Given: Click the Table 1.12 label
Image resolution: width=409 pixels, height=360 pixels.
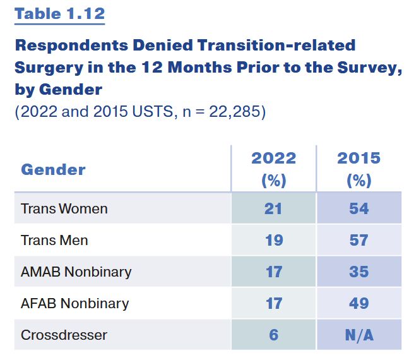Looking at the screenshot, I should tap(59, 13).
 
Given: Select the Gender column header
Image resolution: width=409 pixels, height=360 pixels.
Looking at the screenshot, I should tap(53, 169).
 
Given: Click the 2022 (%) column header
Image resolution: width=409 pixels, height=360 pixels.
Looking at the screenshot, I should tap(273, 169).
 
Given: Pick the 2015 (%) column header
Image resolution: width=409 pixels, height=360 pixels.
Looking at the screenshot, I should tap(359, 169).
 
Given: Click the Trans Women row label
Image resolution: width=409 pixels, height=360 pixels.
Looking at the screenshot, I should tap(64, 208).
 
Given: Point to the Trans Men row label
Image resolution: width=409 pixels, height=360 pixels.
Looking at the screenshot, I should tap(54, 240).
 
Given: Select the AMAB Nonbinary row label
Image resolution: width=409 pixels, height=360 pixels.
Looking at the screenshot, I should tap(76, 272).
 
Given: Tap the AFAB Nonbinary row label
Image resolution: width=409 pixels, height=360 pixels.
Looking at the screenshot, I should tap(74, 303).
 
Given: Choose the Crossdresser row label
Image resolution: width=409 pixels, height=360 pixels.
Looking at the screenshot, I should tap(64, 335).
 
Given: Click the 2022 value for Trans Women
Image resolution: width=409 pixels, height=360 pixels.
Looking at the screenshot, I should tap(273, 208).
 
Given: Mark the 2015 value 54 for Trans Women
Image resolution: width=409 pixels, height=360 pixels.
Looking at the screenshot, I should tap(359, 208).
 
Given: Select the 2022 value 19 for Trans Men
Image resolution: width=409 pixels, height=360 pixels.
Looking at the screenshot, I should tap(273, 240).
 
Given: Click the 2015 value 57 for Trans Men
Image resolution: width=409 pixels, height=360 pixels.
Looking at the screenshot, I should tap(359, 240).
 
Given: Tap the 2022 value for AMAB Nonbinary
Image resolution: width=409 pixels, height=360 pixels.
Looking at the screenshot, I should tap(273, 272).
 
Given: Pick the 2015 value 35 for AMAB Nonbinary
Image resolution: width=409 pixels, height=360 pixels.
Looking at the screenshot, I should tap(359, 272).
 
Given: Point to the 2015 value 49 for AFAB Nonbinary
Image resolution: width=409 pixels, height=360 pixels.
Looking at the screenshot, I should tap(359, 303).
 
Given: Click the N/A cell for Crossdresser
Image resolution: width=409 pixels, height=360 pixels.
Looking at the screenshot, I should tap(359, 335).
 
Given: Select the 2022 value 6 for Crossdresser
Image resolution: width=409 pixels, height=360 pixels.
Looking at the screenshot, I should tap(273, 335).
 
